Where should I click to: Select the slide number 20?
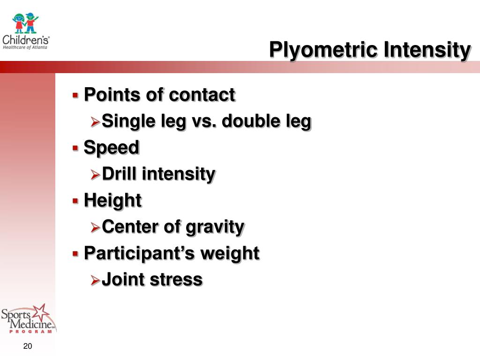click(27, 346)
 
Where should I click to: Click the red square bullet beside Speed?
click(75, 148)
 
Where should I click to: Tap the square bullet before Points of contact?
click(75, 95)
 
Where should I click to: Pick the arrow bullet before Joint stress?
click(95, 280)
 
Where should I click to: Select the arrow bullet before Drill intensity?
click(95, 175)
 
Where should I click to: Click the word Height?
click(112, 201)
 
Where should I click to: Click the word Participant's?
click(139, 254)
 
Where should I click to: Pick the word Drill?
click(119, 174)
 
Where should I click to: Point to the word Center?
click(130, 227)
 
